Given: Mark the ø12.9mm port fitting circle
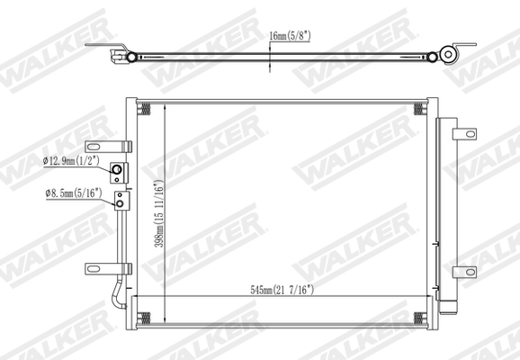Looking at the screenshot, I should pos(117,170).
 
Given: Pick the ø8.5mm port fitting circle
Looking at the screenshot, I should pos(116,203).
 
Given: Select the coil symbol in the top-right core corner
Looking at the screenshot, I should pos(418,110).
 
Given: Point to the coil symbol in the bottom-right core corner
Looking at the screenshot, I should pos(418,316).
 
